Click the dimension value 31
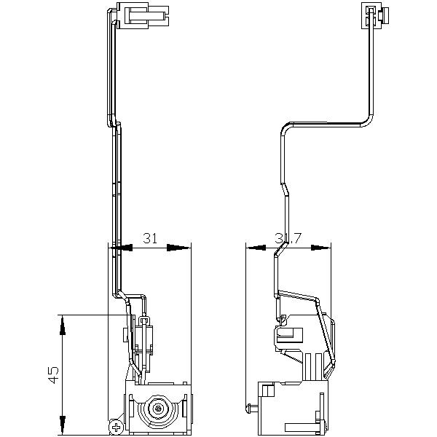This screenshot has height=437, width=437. pos(151,238)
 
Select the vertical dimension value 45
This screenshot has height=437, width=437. pos(52,374)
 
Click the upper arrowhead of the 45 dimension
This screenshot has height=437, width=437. pos(63,324)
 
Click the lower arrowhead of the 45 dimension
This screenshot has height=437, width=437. pos(63,422)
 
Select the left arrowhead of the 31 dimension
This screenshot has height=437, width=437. pos(121,248)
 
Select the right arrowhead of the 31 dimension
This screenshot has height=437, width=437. pos(178,248)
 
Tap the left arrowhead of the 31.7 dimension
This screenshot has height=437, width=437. pos(257,248)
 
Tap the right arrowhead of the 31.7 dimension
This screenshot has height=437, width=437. pos(320,248)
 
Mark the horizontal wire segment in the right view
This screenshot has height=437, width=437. pos(328,124)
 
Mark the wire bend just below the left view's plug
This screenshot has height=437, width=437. pos(114,124)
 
